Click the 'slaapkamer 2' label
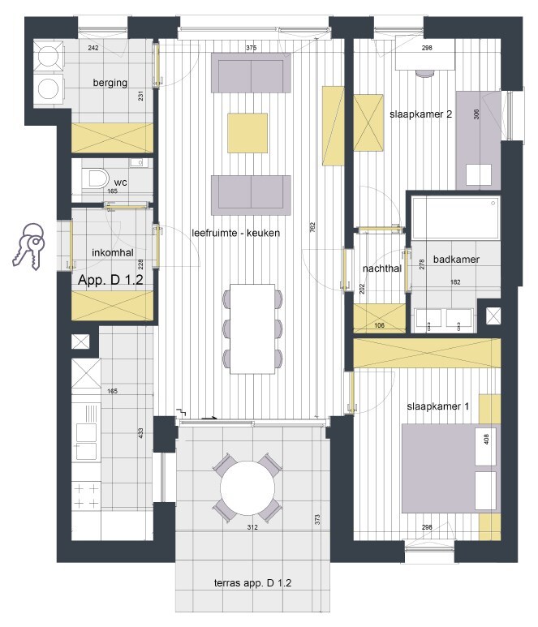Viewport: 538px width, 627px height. pyautogui.click(x=420, y=114)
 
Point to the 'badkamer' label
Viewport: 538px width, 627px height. pyautogui.click(x=455, y=260)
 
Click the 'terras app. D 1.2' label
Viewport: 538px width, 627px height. pyautogui.click(x=252, y=584)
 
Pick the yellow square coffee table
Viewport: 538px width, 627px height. pyautogui.click(x=247, y=133)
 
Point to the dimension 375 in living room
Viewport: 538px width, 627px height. pyautogui.click(x=251, y=49)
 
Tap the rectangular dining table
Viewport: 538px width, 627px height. pyautogui.click(x=252, y=328)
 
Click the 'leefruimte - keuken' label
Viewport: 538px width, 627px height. pyautogui.click(x=235, y=233)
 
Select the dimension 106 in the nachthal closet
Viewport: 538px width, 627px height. pyautogui.click(x=378, y=327)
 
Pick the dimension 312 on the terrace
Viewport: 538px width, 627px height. pyautogui.click(x=252, y=528)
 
